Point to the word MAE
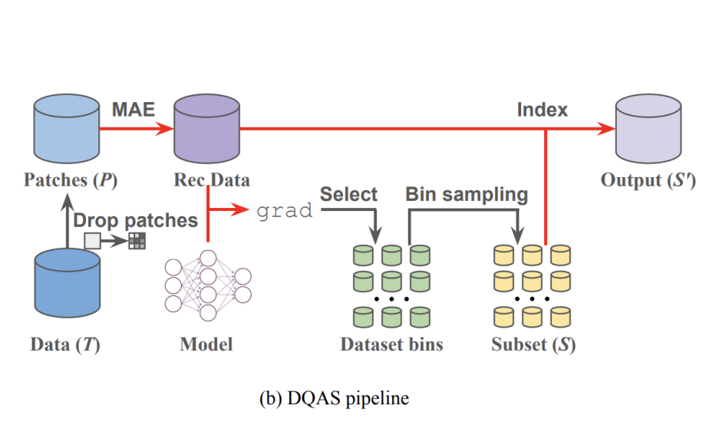click(x=134, y=110)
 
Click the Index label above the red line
click(x=542, y=110)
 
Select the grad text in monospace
click(x=285, y=210)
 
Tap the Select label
click(x=348, y=194)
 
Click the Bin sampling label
click(x=467, y=194)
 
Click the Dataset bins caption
click(x=391, y=344)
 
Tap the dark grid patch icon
click(x=137, y=241)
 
